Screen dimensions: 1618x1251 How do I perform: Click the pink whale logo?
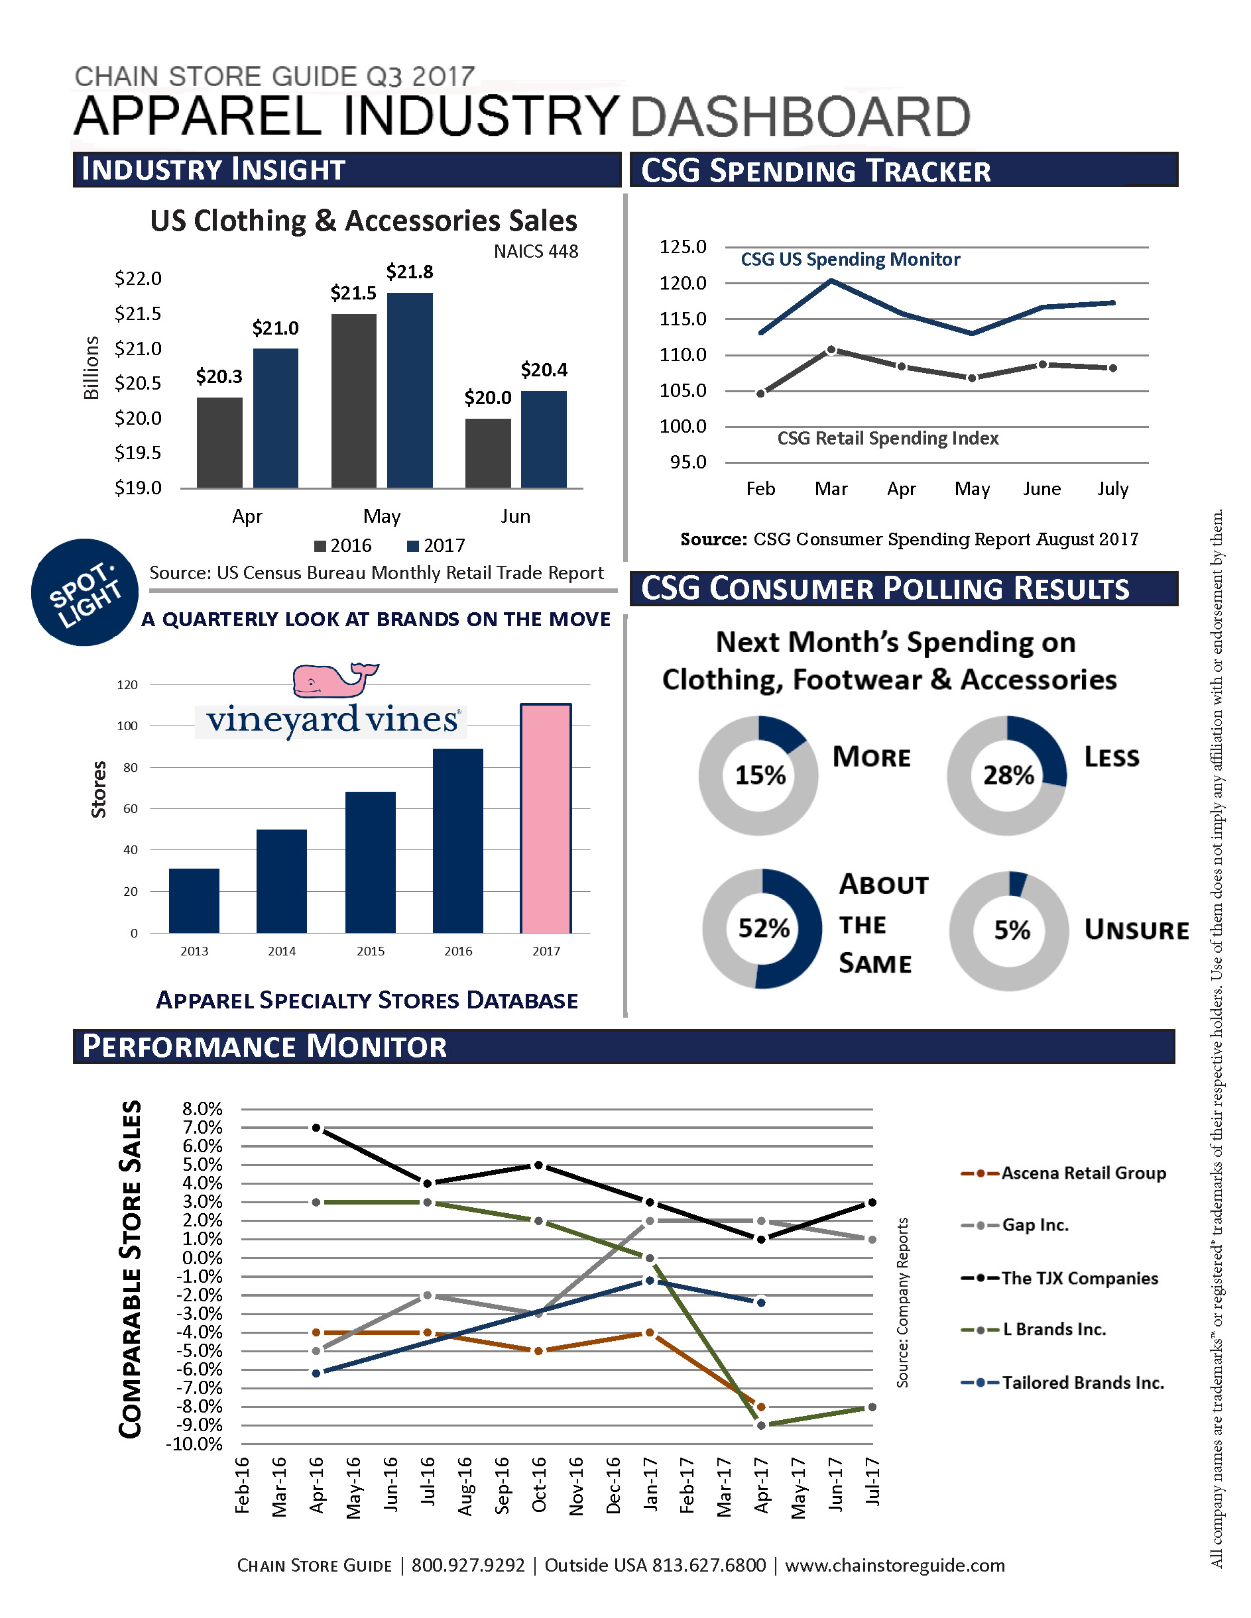[x=333, y=678]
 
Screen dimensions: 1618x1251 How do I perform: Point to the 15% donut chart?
[x=758, y=775]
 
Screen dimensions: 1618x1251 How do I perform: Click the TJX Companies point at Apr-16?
[x=316, y=1128]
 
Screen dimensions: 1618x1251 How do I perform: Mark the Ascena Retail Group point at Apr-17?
[x=761, y=1407]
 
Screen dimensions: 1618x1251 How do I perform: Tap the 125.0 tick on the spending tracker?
[x=683, y=247]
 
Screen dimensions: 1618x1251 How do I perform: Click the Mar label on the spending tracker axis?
[x=831, y=489]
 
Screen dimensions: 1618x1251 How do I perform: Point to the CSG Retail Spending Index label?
[x=887, y=439]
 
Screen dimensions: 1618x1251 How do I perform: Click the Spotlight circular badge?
[x=84, y=592]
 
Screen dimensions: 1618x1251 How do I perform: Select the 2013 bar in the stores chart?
[x=194, y=900]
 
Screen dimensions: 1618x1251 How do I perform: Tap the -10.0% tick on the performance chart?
[x=195, y=1444]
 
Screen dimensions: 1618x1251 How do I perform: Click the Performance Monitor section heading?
[x=265, y=1046]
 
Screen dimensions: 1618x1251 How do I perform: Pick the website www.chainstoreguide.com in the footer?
[x=894, y=1566]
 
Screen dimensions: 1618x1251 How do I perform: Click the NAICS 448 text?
[x=535, y=252]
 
